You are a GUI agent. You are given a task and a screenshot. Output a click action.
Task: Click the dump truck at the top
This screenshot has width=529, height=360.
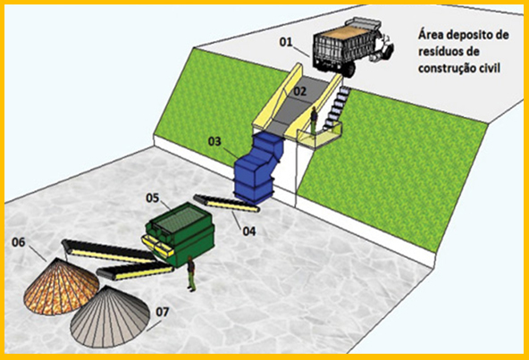tap(353, 47)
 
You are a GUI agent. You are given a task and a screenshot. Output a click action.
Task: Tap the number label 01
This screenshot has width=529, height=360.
tap(285, 42)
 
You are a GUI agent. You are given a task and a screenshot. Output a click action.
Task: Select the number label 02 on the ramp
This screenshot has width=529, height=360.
tap(299, 91)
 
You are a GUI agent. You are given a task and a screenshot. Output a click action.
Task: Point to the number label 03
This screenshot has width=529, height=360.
tap(214, 141)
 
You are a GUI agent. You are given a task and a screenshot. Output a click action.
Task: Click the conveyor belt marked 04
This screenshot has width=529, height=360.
tap(226, 203)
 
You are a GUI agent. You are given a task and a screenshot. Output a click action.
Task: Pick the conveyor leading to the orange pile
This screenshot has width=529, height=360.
tap(110, 251)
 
